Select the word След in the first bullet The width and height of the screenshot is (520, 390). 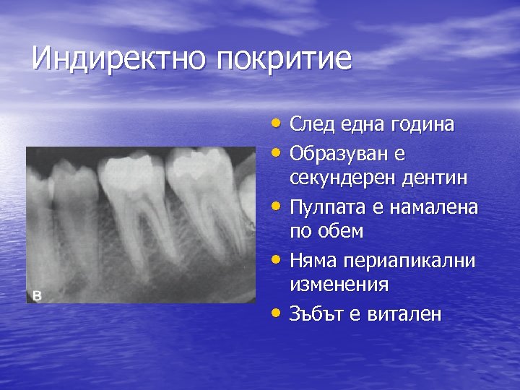pos(311,124)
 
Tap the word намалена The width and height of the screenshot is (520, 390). pos(433,207)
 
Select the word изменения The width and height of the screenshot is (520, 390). pos(339,285)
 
